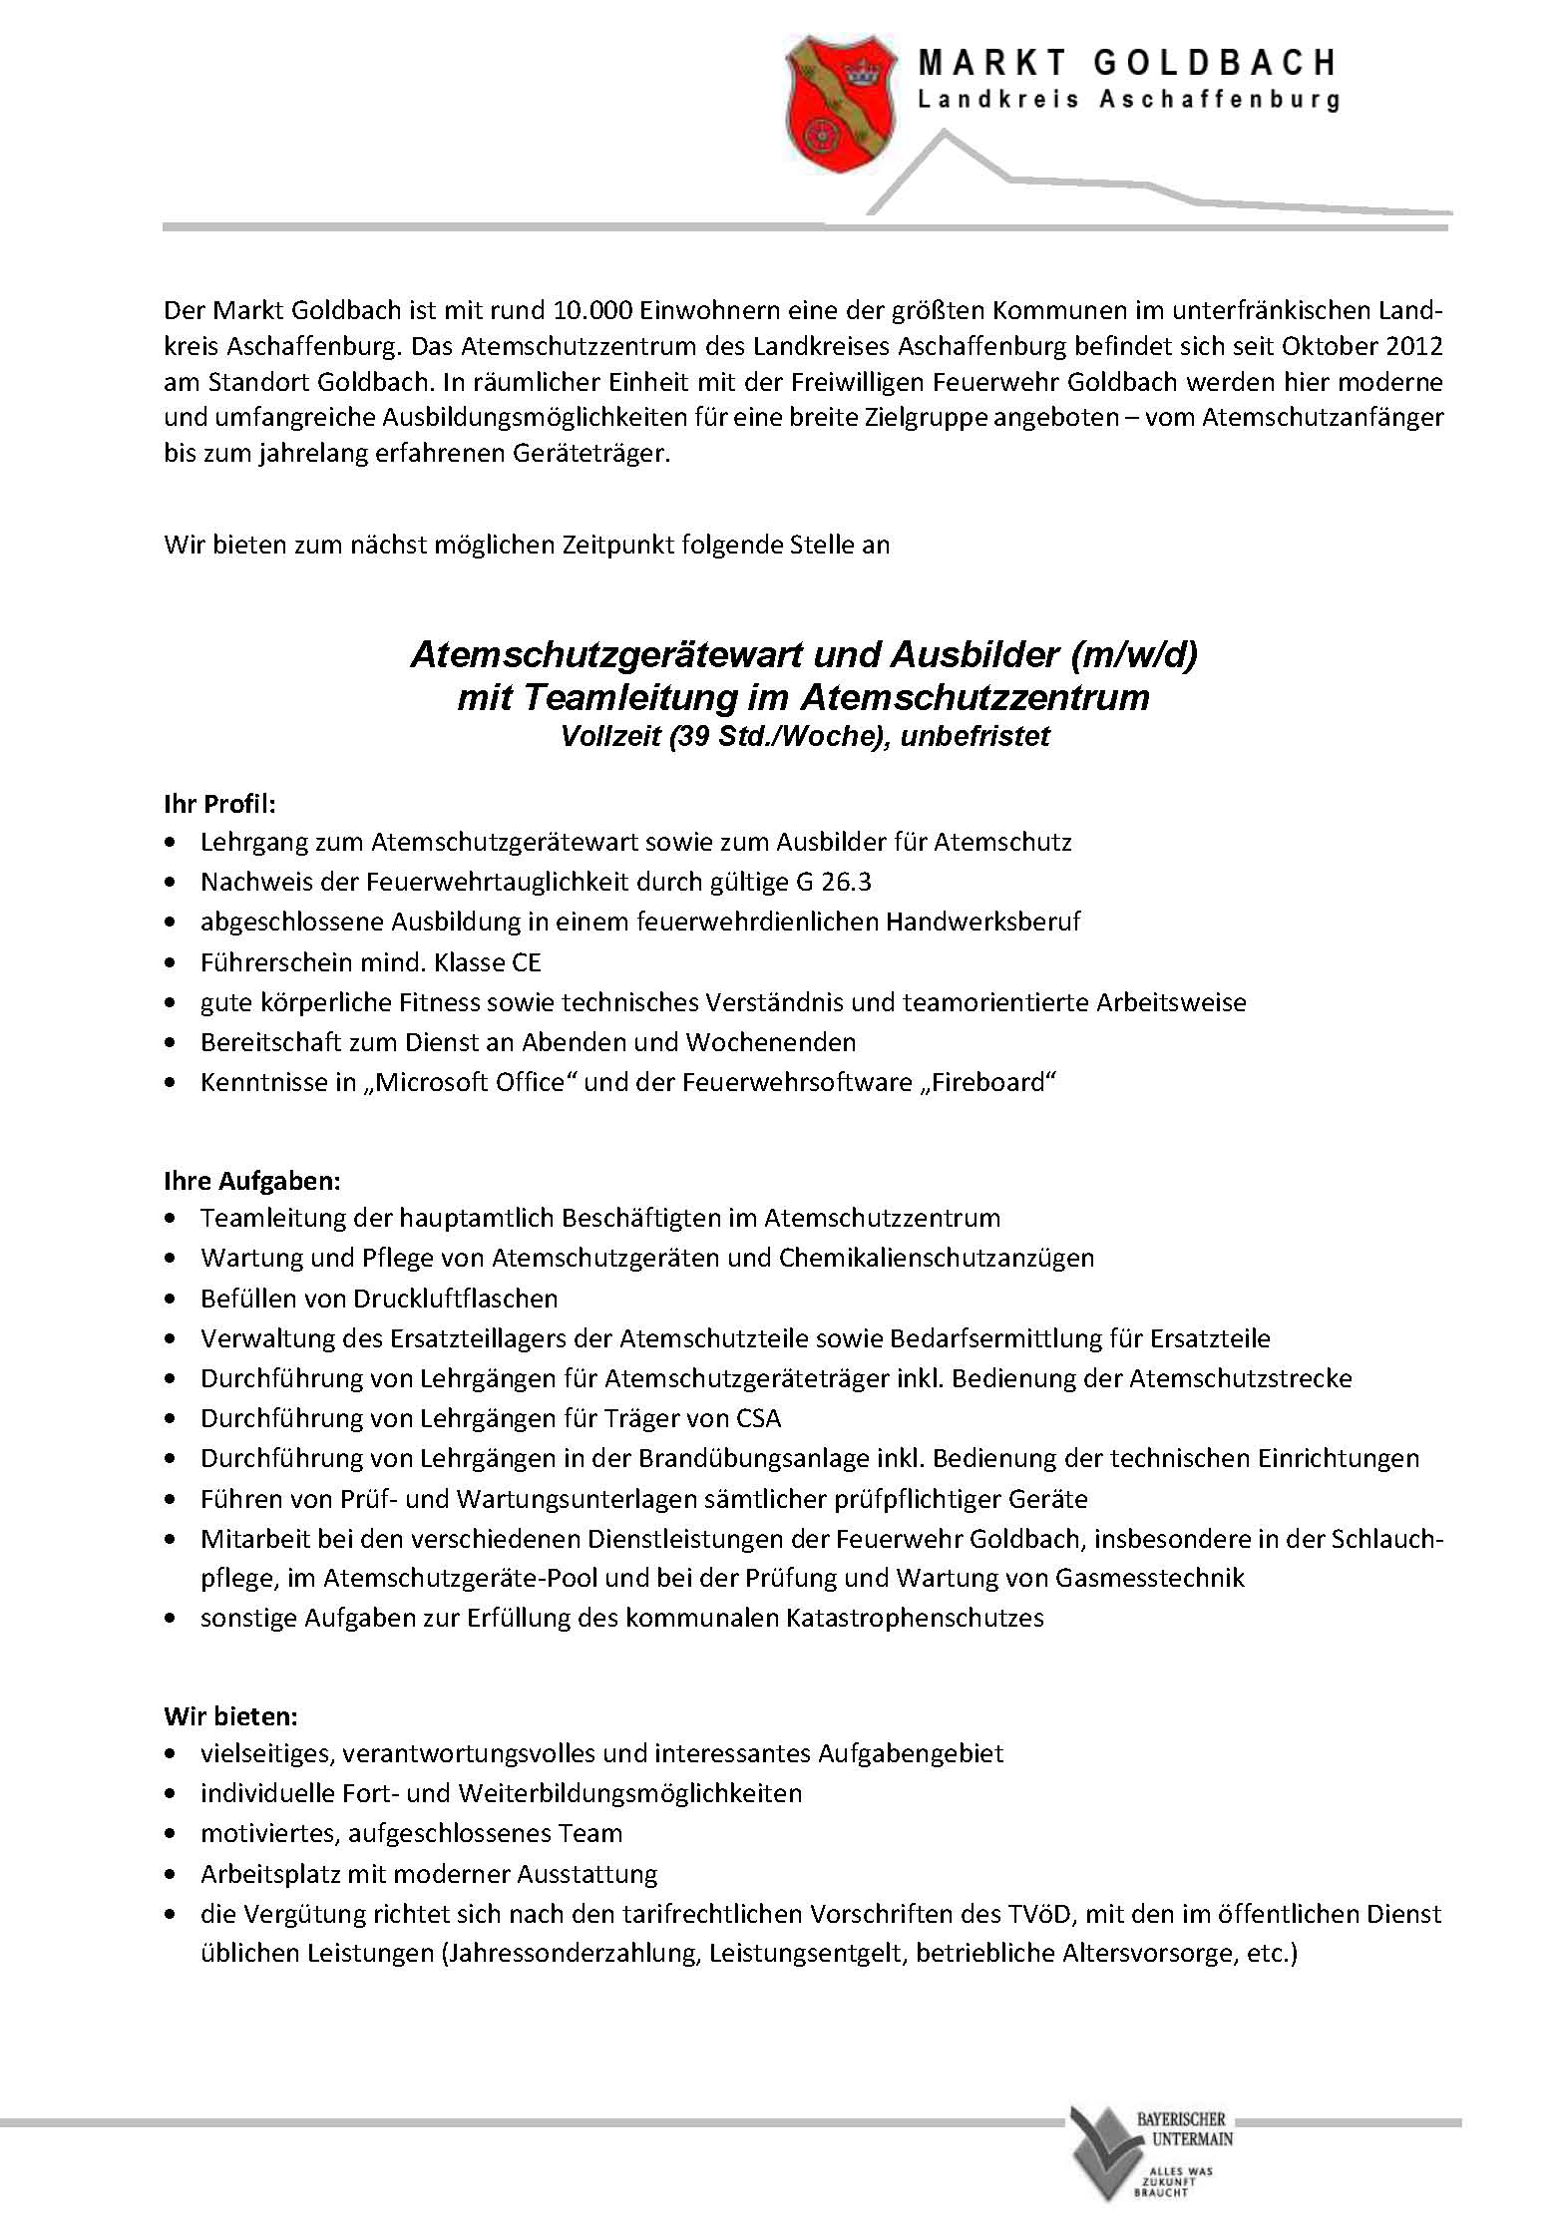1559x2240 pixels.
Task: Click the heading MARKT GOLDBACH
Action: coord(1127,64)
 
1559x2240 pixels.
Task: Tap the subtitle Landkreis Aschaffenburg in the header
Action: coord(1128,101)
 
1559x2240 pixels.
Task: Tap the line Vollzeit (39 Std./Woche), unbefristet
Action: coord(804,736)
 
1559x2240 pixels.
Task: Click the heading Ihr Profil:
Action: coord(219,804)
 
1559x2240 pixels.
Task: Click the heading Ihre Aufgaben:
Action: coord(252,1181)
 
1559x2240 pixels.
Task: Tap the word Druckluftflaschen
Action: coord(456,1299)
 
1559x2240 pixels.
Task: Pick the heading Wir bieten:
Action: coord(230,1716)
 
